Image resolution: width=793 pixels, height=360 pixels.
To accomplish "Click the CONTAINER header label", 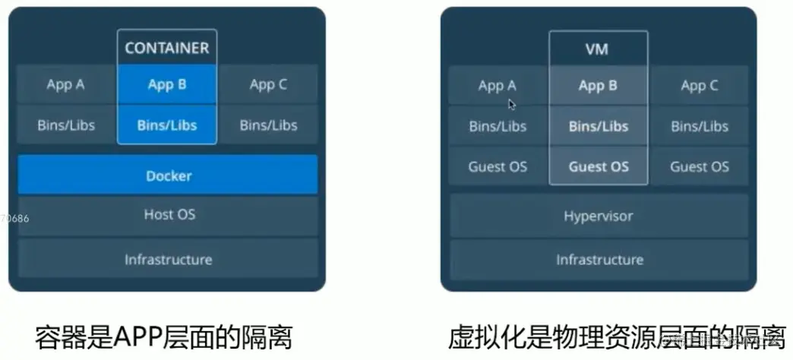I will coord(166,48).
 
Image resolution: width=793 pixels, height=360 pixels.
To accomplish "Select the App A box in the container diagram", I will coord(66,85).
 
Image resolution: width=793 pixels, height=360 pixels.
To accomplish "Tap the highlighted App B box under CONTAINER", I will coord(167,84).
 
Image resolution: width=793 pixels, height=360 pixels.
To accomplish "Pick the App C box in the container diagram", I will coord(268,85).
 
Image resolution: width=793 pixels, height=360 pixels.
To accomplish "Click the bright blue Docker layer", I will coord(168,175).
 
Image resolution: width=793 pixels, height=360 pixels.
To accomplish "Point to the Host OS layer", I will coord(168,215).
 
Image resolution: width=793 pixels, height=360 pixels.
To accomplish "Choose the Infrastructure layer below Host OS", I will coord(168,259).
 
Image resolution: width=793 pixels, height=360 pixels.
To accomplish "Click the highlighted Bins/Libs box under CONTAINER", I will coord(167,125).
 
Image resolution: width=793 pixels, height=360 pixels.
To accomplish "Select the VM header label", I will coord(598,51).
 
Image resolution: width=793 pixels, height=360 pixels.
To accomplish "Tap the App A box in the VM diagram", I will coord(498,86).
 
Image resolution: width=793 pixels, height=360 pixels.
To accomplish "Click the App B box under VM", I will coord(598,86).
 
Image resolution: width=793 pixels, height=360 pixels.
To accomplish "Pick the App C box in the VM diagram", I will coord(699,86).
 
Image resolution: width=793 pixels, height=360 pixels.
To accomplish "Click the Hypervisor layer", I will coord(598,216).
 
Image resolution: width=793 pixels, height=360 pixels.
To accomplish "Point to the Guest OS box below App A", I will coord(498,166).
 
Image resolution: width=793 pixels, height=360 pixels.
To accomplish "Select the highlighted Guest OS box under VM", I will coord(598,166).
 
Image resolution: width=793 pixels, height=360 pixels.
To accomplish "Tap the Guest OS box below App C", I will coord(699,166).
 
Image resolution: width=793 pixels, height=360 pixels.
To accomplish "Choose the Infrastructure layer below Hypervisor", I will coord(598,260).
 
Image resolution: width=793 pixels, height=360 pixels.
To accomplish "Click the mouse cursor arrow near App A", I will coord(512,104).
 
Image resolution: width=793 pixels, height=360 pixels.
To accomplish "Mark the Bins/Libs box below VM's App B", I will coord(598,126).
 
